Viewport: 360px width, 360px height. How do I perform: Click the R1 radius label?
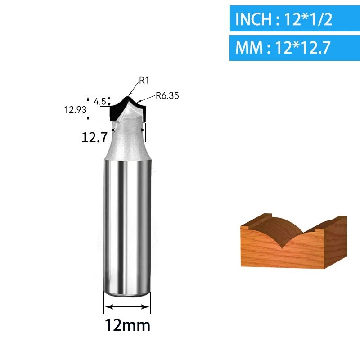(x=144, y=81)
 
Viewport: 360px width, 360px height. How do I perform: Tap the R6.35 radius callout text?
(x=167, y=95)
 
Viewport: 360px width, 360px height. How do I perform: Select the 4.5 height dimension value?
(x=100, y=101)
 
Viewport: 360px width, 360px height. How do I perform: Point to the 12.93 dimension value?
(x=75, y=110)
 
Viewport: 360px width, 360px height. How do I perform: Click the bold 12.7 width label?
(x=94, y=137)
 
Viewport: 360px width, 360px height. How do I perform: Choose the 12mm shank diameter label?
(x=127, y=325)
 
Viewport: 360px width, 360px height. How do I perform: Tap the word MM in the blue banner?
(x=249, y=48)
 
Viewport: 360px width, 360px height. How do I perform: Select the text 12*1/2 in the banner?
(x=308, y=19)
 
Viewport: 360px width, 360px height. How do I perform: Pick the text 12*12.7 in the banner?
(x=302, y=48)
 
